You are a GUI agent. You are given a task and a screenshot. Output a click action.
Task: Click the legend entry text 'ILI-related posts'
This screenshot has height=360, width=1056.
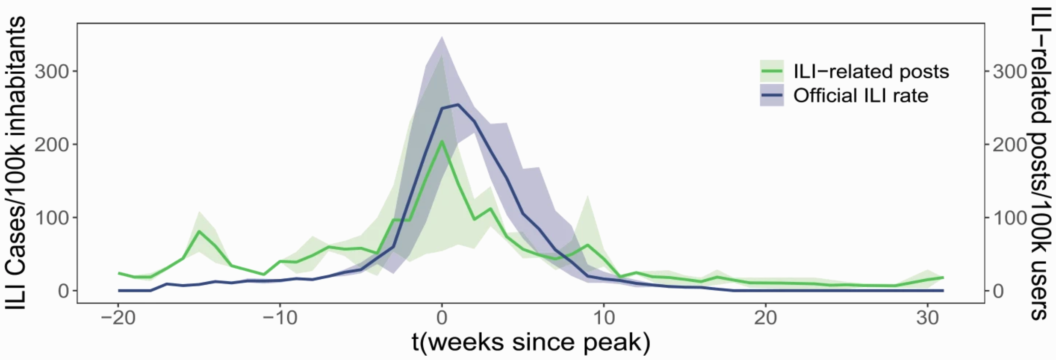pos(871,71)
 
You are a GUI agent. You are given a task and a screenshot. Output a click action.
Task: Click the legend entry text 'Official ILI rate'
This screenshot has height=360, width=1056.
pos(861,95)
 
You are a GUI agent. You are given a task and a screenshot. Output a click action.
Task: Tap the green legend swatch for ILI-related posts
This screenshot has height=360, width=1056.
pos(772,71)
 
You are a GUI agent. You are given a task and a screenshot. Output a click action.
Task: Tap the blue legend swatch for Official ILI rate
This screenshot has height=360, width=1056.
pos(772,95)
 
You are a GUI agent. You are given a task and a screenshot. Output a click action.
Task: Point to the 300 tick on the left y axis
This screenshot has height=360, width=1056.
pos(52,71)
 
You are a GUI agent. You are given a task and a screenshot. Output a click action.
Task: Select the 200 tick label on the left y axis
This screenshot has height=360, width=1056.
pos(52,145)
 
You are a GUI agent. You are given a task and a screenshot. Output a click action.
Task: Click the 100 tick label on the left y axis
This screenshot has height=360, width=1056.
pos(52,218)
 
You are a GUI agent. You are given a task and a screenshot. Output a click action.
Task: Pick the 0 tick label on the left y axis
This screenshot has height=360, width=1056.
pos(63,291)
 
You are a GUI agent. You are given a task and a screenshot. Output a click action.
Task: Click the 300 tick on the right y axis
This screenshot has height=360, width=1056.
pos(1009,71)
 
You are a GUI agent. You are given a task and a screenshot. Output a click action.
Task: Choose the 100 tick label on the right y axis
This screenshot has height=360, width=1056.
pos(1009,218)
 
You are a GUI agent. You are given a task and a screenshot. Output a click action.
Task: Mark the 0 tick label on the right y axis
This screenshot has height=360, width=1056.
pos(998,291)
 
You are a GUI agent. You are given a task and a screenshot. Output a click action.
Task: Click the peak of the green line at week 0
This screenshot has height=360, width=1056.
pos(442,141)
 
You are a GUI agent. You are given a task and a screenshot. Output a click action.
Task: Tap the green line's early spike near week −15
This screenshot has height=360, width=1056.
pos(199,231)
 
